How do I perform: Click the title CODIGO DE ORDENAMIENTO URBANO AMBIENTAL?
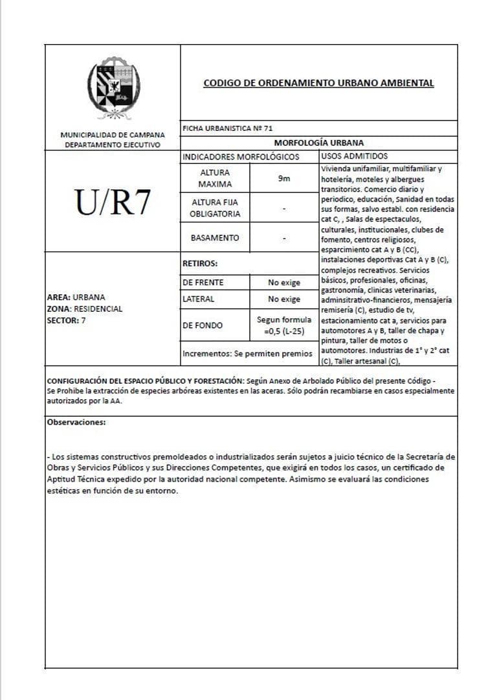coord(318,83)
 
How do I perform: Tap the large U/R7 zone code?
coord(113,203)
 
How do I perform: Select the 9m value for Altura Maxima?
coord(284,178)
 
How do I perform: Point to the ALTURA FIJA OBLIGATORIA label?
coord(214,208)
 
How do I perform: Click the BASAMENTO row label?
coord(214,238)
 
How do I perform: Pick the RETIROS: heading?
coord(200,264)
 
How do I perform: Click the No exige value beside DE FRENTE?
coord(284,283)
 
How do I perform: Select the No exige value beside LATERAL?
coord(284,299)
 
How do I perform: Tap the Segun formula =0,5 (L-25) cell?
coord(284,325)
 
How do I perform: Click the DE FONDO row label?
coord(203,325)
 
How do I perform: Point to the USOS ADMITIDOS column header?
coord(354,156)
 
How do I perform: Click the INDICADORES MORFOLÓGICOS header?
coord(241,156)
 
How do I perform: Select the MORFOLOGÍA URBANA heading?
coord(318,143)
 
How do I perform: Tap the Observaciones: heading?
coord(76,422)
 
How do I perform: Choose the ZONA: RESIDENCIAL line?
coord(85,309)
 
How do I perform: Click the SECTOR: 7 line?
coord(66,320)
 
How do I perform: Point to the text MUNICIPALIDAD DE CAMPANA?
coord(113,135)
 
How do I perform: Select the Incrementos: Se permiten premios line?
coord(247,354)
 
